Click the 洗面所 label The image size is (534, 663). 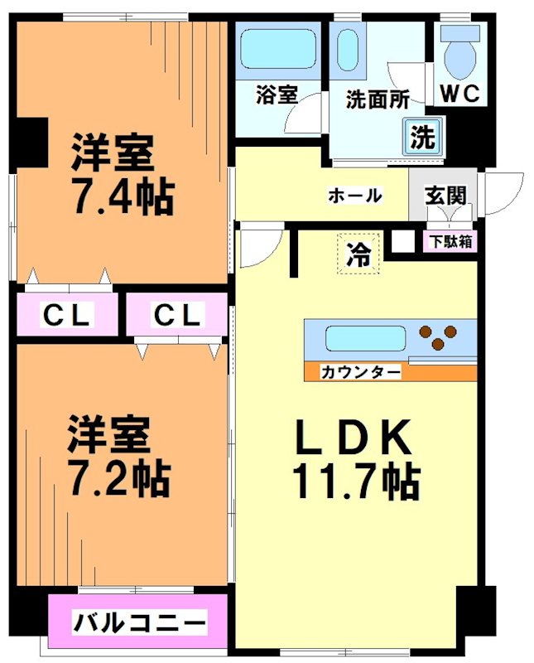point(377,99)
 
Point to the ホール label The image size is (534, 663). point(355,196)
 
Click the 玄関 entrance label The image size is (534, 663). point(445,196)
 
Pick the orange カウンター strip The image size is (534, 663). point(389,372)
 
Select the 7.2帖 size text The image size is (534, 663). point(118,476)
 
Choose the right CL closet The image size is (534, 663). point(176,315)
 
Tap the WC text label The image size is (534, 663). point(459,94)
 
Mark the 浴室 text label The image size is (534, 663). point(276,95)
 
